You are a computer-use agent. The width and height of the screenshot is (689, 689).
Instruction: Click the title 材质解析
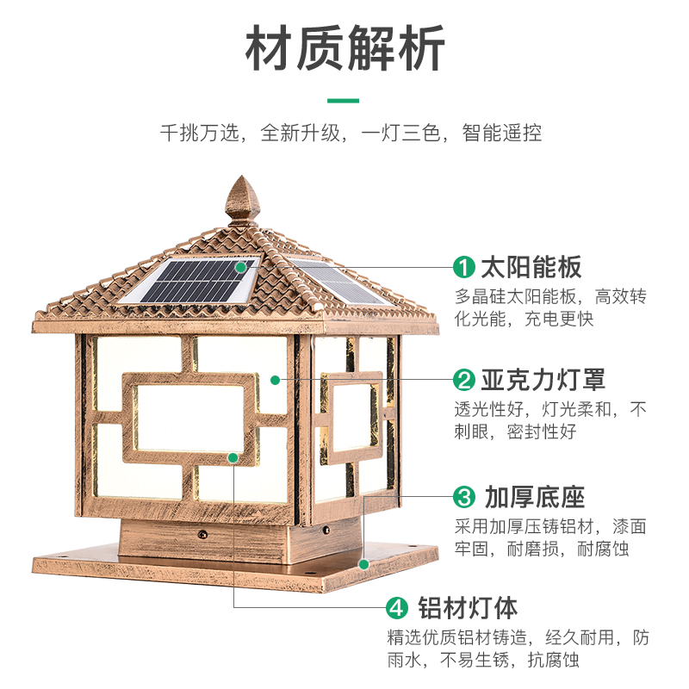[344, 49]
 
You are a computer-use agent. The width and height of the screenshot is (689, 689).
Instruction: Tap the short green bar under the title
[344, 100]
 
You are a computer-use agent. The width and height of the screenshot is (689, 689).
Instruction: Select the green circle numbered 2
[465, 380]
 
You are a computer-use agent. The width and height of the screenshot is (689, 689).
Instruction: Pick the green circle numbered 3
[465, 497]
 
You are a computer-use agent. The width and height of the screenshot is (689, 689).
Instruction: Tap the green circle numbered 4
[396, 608]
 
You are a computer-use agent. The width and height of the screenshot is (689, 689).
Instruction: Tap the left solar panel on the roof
[193, 279]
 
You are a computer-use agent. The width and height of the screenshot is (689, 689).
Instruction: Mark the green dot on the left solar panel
[242, 268]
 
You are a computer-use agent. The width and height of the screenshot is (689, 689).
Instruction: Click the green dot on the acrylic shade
[274, 379]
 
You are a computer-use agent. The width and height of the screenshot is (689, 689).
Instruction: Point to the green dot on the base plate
[363, 565]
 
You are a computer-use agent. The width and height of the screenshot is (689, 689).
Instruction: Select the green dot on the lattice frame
[233, 457]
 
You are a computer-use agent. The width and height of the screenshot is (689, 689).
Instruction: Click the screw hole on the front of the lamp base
[204, 534]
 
